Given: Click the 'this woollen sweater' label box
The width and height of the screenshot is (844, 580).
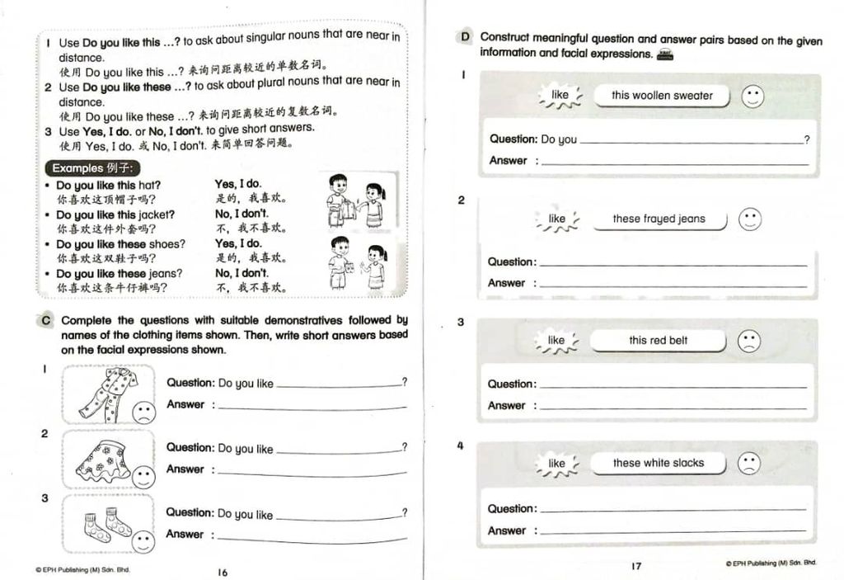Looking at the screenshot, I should pyautogui.click(x=661, y=96).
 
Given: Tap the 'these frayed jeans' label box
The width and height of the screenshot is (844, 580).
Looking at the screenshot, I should pyautogui.click(x=659, y=219).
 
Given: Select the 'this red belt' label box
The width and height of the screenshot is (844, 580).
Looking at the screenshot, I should pyautogui.click(x=658, y=341).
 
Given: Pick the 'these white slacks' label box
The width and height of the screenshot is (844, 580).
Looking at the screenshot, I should pyautogui.click(x=658, y=464).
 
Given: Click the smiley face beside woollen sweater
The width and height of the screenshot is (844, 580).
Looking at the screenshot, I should pyautogui.click(x=752, y=97).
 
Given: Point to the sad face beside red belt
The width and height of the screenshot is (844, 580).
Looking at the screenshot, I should pyautogui.click(x=748, y=341).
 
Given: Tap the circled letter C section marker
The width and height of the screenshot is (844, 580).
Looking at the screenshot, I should pyautogui.click(x=47, y=320).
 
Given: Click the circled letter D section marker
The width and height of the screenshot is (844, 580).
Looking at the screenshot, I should pyautogui.click(x=465, y=37).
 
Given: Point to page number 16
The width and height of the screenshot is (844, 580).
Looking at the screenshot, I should pyautogui.click(x=223, y=573).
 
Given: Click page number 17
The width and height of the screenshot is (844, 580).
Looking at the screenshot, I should pyautogui.click(x=635, y=566).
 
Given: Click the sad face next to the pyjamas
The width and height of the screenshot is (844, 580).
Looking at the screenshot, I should pyautogui.click(x=143, y=412).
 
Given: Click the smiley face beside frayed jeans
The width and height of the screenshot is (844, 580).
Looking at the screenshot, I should pyautogui.click(x=749, y=219).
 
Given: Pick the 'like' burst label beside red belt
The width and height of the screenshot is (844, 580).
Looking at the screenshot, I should pyautogui.click(x=556, y=341).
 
